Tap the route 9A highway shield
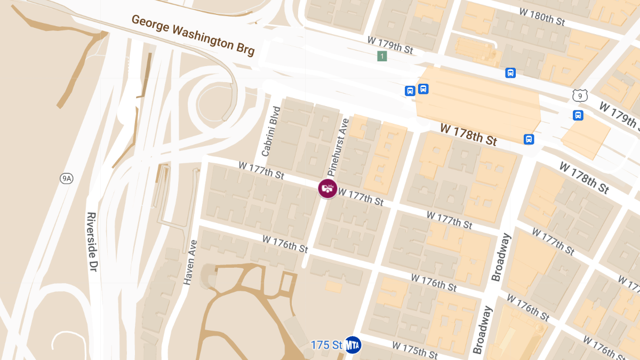[x=66, y=179]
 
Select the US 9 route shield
[x=580, y=95]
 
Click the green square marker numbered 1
[x=382, y=56]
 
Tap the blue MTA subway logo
[x=353, y=345]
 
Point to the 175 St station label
[x=326, y=345]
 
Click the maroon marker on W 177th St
[x=327, y=188]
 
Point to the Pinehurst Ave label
[x=338, y=147]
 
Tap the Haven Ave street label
[x=190, y=262]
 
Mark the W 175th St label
[x=415, y=349]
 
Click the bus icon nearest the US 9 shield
[x=578, y=115]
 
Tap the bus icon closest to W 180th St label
[x=510, y=73]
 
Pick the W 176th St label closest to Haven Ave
[x=285, y=244]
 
